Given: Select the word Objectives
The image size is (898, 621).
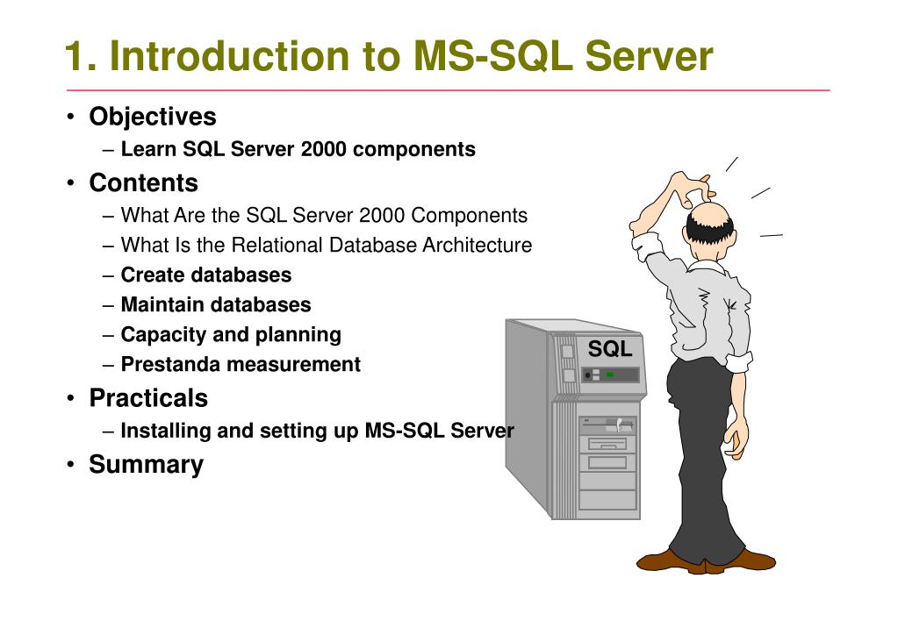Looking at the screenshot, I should pos(152,117).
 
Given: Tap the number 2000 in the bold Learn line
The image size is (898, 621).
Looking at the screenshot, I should pos(323,150).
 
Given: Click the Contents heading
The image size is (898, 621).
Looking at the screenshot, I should pos(143,183).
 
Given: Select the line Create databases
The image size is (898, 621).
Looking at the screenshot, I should pos(205,275).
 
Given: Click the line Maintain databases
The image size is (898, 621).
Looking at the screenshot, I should pos(215,305).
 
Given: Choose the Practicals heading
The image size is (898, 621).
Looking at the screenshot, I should pos(148,398).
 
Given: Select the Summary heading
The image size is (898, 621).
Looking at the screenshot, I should pos(146,465).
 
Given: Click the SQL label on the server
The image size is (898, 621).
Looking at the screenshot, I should pos(609,349).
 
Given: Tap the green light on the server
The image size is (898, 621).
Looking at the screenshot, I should pos(610,375).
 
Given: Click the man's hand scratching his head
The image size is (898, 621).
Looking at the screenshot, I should pos(688,185).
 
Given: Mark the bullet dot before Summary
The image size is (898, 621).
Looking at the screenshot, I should pos(70,465).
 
